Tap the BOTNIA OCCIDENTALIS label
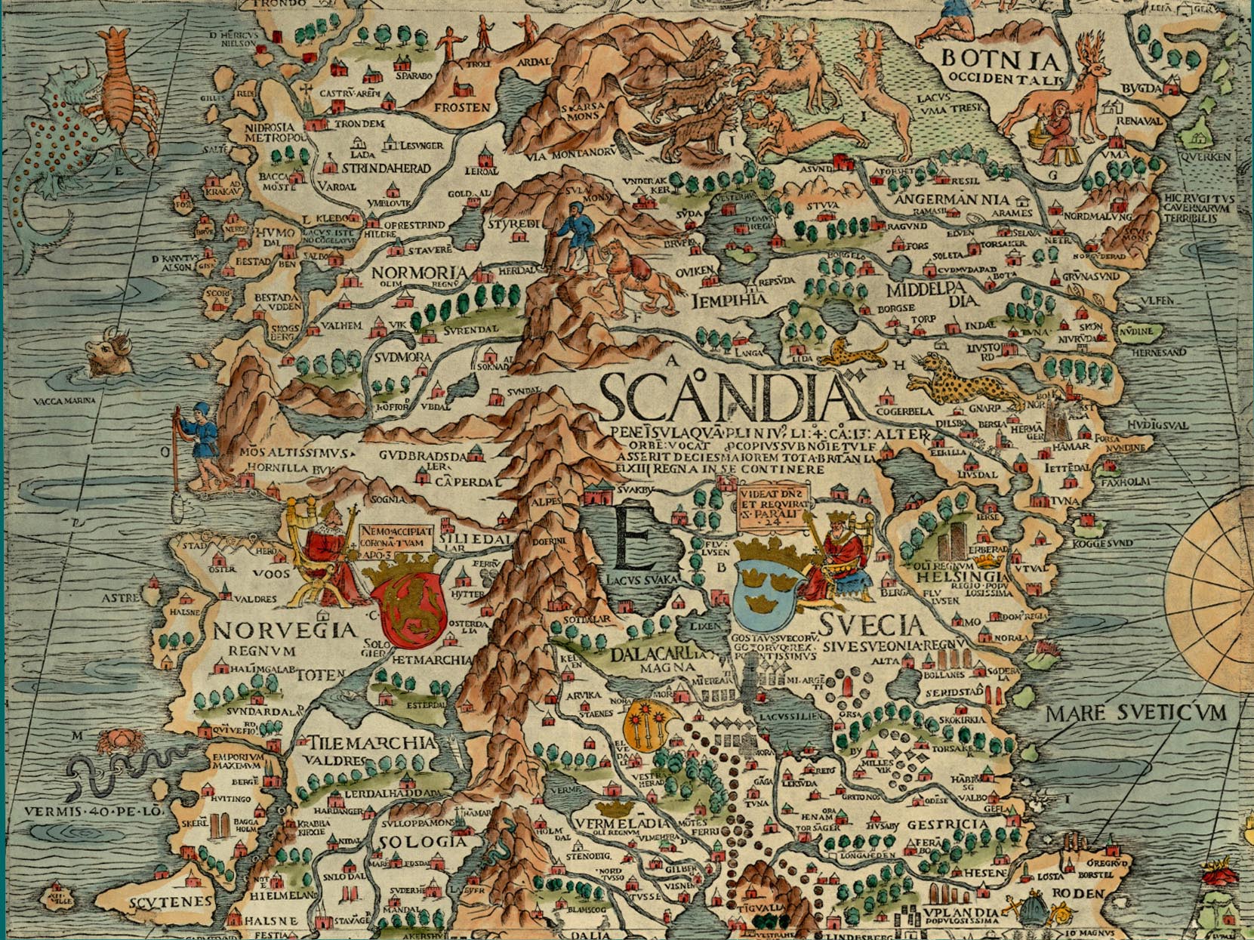point(1002,66)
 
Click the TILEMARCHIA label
point(369,742)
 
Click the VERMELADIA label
point(621,822)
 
